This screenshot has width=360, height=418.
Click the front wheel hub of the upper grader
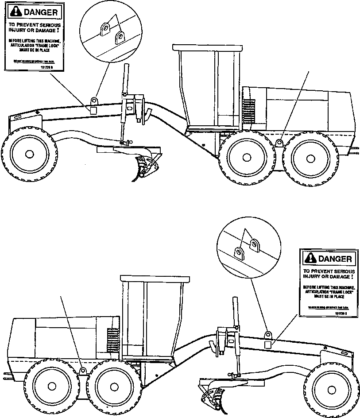[x=29, y=154]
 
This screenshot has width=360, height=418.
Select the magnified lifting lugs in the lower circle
[x=247, y=248]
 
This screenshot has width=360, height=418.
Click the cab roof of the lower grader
[x=151, y=278]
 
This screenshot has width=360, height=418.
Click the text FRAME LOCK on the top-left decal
[x=46, y=45]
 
